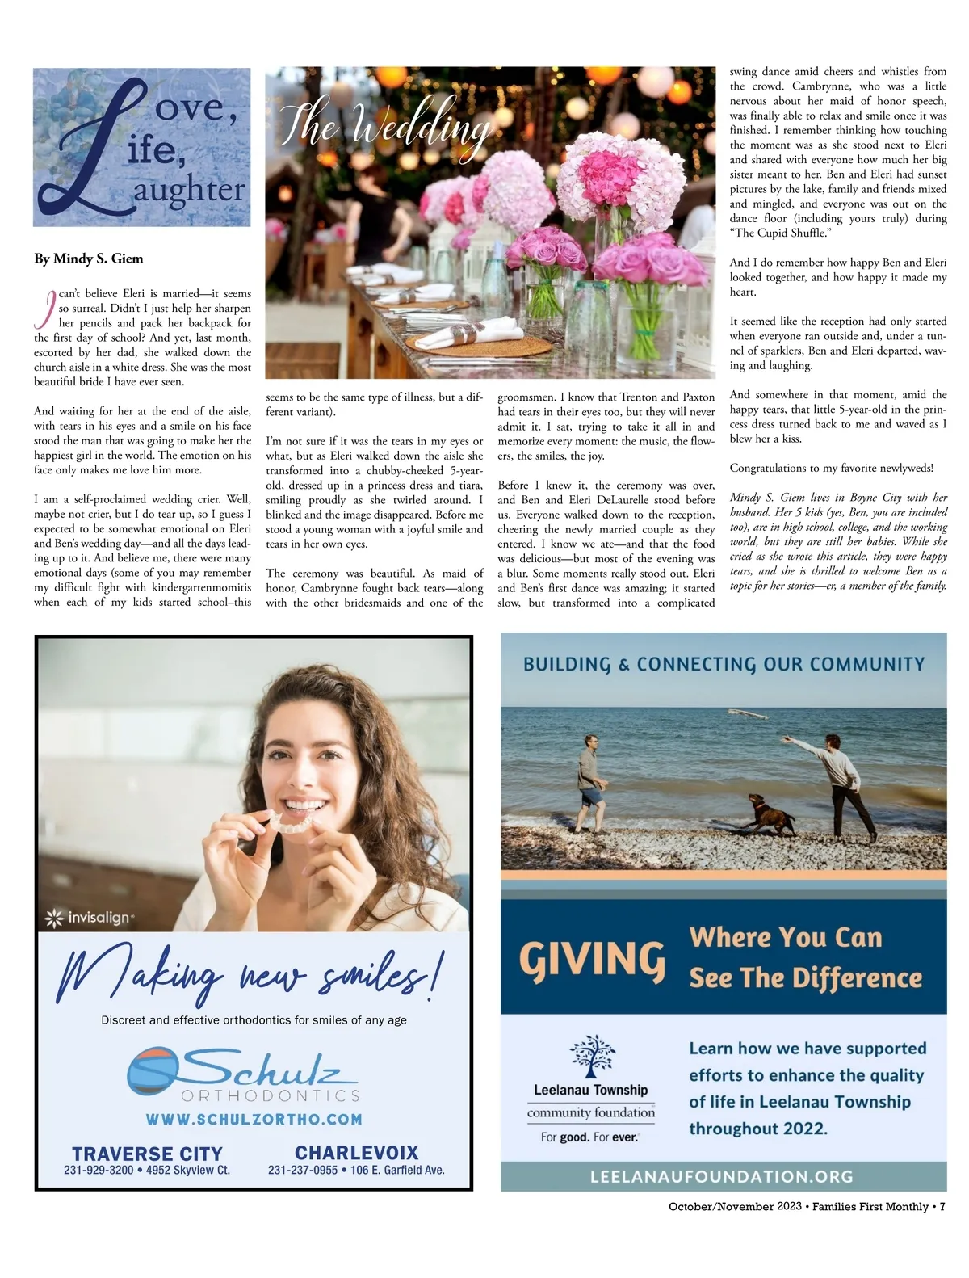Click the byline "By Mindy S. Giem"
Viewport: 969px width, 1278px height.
coord(89,259)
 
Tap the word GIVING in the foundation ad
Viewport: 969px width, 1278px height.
coord(592,960)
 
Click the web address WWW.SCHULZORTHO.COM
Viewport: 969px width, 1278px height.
coord(254,1120)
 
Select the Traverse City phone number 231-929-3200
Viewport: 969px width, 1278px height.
coord(99,1170)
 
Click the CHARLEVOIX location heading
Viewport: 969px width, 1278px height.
coord(356,1153)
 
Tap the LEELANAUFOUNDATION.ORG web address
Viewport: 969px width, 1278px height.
coord(722,1176)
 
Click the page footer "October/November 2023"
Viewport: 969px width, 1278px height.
coord(735,1206)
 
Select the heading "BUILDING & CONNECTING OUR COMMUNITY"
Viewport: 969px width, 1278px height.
coord(724,664)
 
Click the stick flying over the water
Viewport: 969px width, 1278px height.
coord(747,714)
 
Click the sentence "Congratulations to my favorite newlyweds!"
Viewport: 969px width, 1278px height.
coord(832,468)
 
